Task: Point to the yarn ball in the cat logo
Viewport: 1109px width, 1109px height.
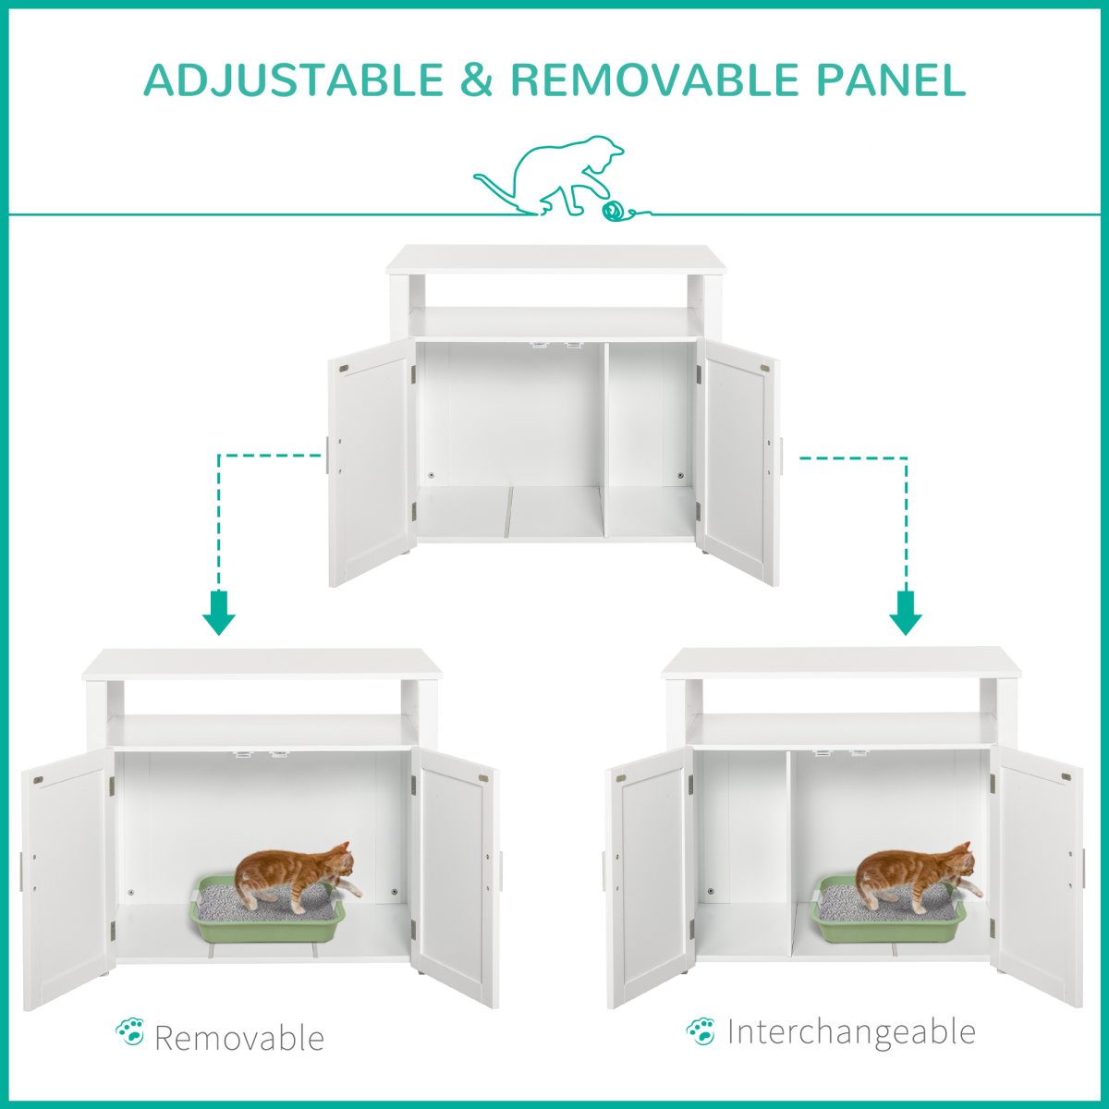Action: click(x=614, y=212)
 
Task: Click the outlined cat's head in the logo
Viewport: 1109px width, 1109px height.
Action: click(x=606, y=150)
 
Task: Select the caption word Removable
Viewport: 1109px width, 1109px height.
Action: click(x=239, y=1038)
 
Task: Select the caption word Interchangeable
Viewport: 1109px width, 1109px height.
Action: click(x=851, y=1031)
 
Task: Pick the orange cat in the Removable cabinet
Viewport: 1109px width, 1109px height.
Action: click(x=295, y=878)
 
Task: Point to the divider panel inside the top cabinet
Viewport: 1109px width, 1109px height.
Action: click(x=604, y=440)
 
